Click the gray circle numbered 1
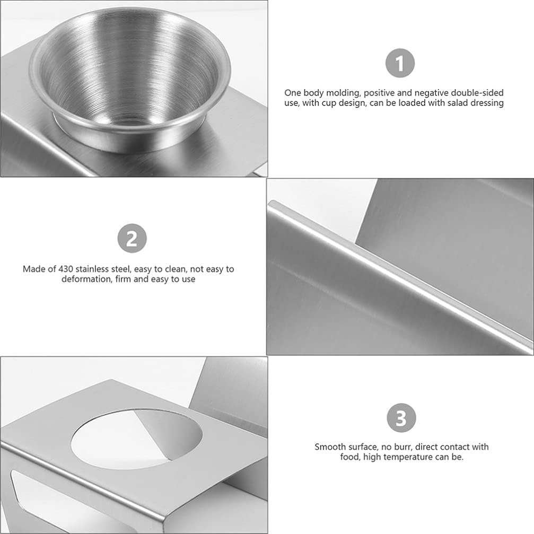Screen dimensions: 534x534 point(400,64)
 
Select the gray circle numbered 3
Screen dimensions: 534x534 point(401,418)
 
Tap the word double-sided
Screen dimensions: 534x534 point(475,93)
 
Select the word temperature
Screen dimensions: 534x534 point(409,457)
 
